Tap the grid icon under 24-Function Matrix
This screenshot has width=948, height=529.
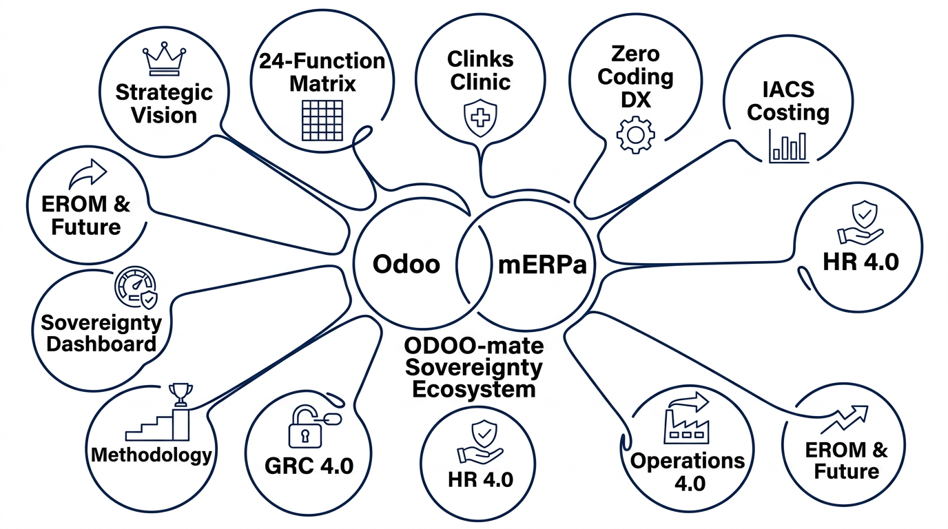tap(322, 120)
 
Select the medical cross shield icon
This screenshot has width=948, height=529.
tap(480, 118)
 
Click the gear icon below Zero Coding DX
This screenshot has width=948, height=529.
tap(636, 135)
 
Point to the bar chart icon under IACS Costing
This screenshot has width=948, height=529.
tap(789, 147)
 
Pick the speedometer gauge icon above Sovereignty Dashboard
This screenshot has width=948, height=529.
tap(136, 287)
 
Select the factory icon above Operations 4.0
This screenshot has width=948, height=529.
tap(686, 419)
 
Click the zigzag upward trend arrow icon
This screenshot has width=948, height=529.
tap(845, 419)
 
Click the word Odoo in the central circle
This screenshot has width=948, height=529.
tap(406, 264)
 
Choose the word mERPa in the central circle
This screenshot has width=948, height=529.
tap(542, 265)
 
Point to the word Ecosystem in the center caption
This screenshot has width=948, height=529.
tap(474, 389)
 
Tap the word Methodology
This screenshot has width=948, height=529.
tap(151, 455)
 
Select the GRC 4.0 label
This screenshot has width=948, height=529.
tap(309, 466)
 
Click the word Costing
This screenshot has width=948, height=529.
tap(788, 112)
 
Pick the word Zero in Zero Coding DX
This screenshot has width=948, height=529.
tap(635, 54)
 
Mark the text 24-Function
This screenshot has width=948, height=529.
tap(322, 61)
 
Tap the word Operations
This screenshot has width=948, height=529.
tap(688, 460)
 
